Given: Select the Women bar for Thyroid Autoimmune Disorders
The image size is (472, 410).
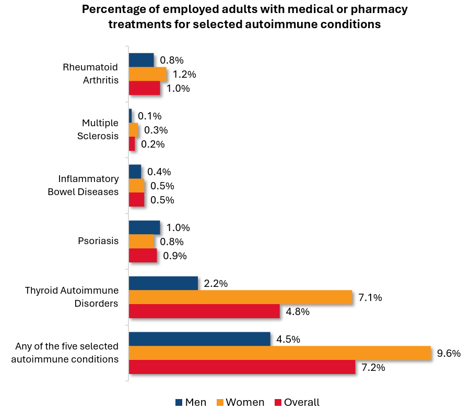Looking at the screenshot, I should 240,297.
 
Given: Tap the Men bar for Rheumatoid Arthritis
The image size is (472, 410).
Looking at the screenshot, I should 141,60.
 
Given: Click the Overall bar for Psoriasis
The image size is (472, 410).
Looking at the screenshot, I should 143,256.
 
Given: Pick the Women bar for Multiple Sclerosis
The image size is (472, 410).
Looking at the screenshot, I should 133,130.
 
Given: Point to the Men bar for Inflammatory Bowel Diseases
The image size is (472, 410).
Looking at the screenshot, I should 135,172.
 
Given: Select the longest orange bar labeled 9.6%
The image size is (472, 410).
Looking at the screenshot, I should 279,353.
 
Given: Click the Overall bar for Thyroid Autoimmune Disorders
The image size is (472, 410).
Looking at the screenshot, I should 204,311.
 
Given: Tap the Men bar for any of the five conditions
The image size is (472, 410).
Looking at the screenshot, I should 199,339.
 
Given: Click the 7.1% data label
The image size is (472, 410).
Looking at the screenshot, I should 370,298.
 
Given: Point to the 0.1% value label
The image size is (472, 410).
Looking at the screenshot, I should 149,116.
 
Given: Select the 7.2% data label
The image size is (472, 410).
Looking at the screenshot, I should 373,367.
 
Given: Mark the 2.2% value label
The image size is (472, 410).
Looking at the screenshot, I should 216,284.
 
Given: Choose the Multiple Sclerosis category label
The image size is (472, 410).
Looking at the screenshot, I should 100,129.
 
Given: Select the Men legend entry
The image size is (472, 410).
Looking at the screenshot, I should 191,402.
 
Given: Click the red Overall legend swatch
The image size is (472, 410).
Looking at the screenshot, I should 278,402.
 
